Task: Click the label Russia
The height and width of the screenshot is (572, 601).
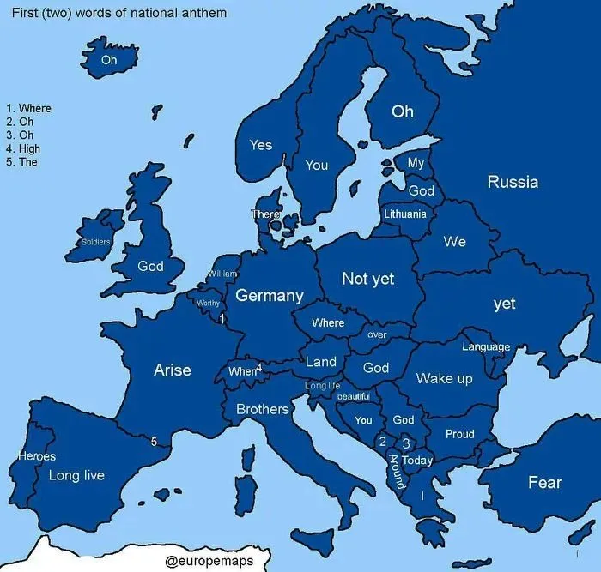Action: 513,182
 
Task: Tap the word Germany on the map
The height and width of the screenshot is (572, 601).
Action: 270,296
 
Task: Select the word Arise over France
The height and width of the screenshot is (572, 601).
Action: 172,370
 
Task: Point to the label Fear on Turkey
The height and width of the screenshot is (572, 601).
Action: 544,483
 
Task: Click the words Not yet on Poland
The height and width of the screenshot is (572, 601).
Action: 367,279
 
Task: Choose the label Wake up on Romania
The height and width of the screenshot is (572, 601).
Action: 444,378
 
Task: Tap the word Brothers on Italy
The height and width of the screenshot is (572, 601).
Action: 263,409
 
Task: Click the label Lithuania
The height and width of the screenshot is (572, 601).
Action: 404,214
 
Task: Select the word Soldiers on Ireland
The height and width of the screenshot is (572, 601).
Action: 96,242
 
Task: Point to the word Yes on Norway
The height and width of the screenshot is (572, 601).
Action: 261,145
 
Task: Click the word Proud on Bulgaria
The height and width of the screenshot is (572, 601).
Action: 459,434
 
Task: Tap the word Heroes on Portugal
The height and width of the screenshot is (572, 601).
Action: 37,456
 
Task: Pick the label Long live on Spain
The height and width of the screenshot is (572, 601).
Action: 76,475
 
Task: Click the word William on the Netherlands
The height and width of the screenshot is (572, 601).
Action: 222,274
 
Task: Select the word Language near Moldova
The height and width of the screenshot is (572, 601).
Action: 486,347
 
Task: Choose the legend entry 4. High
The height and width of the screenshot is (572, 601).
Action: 23,148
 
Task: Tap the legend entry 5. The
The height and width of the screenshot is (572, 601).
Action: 21,162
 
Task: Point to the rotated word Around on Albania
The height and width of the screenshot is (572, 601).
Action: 397,472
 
